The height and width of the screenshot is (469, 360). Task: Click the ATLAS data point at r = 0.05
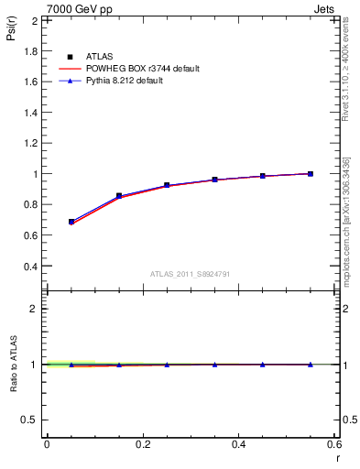(71, 222)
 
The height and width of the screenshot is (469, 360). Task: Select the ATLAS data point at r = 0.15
(119, 196)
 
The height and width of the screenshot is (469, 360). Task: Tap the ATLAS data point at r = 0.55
(311, 173)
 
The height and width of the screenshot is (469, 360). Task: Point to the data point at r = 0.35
(215, 180)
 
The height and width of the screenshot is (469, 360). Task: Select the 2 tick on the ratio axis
(33, 309)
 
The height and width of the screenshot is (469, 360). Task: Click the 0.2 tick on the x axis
(143, 444)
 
